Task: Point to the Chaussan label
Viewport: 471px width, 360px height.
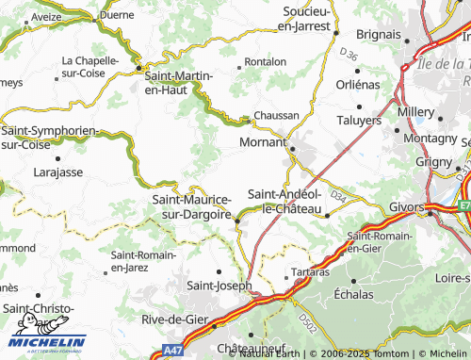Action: (277, 115)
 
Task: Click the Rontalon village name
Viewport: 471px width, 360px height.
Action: (265, 61)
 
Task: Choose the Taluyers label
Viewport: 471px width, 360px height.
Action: (360, 121)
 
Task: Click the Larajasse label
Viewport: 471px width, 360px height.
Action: (58, 172)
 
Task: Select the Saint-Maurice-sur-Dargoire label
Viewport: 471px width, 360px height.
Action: (191, 206)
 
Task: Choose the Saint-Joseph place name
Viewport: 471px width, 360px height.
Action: (219, 285)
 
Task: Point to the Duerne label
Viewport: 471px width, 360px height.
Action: (116, 16)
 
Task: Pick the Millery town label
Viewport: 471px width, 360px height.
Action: (415, 111)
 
